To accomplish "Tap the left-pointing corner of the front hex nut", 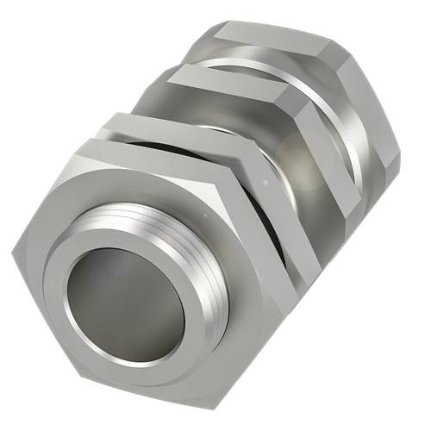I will [15, 251].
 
